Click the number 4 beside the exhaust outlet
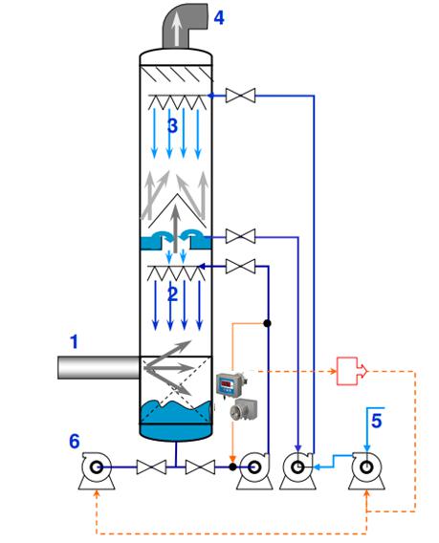tap(219, 17)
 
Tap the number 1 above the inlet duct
tap(74, 342)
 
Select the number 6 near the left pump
tap(75, 442)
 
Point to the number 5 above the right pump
tap(376, 421)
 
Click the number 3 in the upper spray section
tap(172, 125)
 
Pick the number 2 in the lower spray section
tap(172, 294)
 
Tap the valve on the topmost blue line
tap(240, 96)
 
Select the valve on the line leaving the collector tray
tap(240, 237)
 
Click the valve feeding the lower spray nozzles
tap(240, 267)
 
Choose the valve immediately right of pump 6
tap(151, 467)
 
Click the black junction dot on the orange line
tap(267, 323)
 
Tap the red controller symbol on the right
tap(352, 371)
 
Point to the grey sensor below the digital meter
tap(244, 409)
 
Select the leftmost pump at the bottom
tap(97, 470)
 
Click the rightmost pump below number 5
tap(366, 470)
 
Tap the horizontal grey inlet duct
tap(99, 367)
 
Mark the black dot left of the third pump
tap(232, 467)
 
